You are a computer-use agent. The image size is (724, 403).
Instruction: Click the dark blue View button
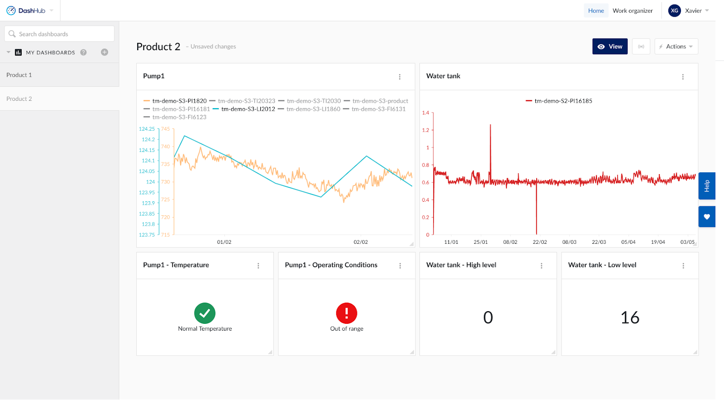point(610,47)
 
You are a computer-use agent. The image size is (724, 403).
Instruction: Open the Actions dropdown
point(676,47)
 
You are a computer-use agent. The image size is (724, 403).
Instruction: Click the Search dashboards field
point(59,34)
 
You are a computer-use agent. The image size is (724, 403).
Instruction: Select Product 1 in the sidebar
point(19,75)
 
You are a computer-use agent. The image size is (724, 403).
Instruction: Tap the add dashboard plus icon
point(105,52)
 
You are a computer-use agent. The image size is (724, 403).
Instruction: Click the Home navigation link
point(596,11)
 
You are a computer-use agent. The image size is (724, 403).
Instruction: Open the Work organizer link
point(633,11)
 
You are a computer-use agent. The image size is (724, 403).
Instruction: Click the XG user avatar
point(674,11)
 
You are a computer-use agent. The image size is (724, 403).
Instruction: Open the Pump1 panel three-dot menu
point(400,77)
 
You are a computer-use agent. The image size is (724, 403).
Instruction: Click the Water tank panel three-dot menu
point(683,77)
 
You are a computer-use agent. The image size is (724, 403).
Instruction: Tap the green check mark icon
point(205,313)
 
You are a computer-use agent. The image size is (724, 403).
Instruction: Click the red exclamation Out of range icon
point(347,313)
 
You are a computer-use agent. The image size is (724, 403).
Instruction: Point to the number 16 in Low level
point(630,318)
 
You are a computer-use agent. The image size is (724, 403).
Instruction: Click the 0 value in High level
point(488,318)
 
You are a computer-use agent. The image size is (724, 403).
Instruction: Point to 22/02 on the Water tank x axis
point(539,242)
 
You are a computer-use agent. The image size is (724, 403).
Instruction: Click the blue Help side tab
point(706,186)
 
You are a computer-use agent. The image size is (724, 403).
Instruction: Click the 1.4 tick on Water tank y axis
point(425,113)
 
